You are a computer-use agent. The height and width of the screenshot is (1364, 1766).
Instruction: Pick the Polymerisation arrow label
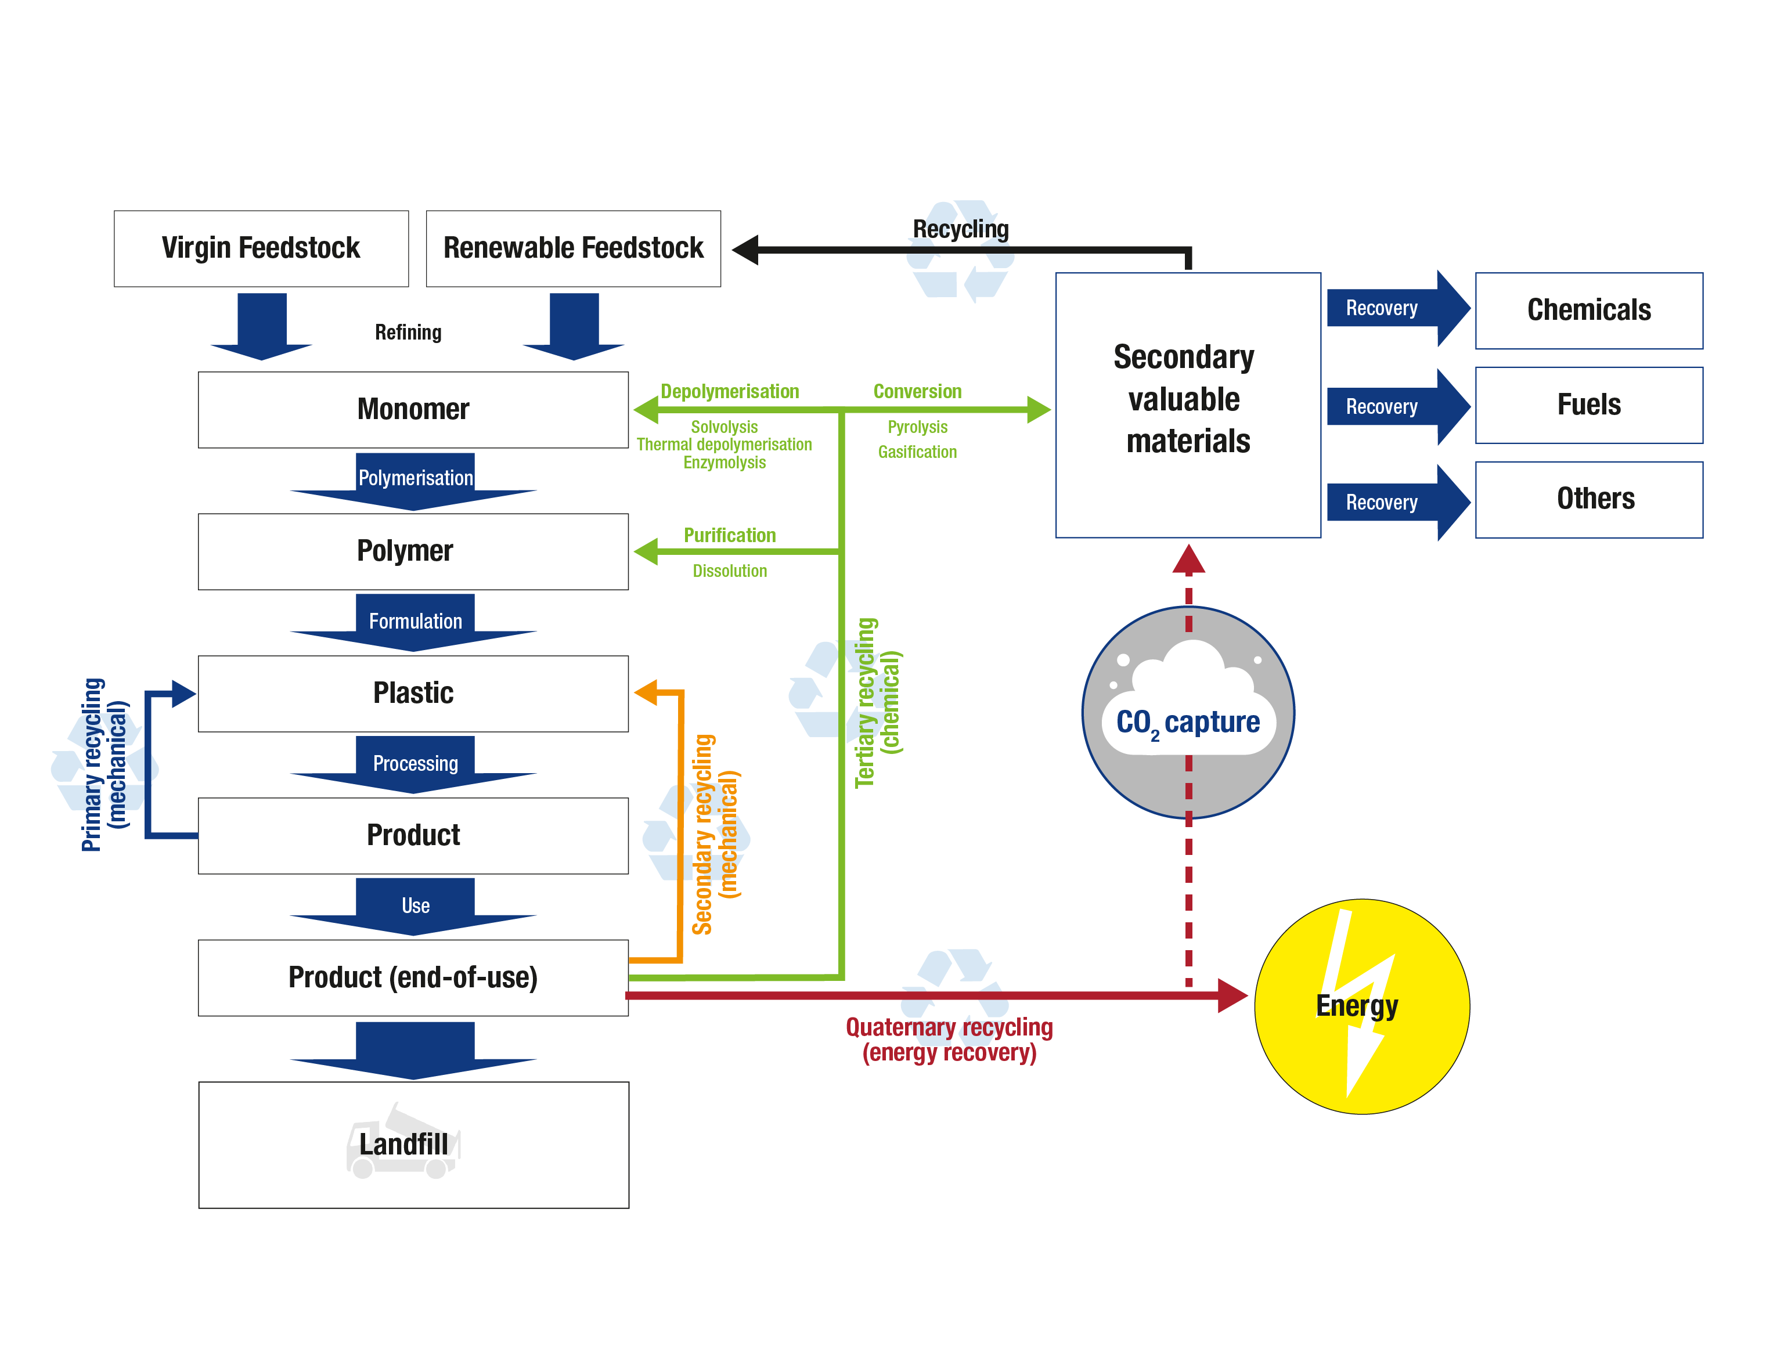pos(415,478)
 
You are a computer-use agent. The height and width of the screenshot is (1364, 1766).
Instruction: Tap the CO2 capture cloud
pos(1187,712)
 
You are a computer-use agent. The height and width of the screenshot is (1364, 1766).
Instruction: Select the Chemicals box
pos(1588,311)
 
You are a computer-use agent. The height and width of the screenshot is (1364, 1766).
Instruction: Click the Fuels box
pos(1588,405)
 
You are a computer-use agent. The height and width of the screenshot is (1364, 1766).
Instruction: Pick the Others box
pos(1588,499)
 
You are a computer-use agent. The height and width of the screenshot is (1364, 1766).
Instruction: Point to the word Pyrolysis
pos(917,427)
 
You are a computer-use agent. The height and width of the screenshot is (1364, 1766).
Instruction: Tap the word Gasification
pos(917,452)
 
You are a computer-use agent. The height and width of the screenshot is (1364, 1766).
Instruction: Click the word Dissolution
pos(729,571)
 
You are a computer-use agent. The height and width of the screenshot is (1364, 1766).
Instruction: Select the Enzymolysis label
pos(724,463)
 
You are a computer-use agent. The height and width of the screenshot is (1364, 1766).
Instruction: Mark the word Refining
pos(408,333)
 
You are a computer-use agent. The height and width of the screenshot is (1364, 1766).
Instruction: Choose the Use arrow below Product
pos(415,905)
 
